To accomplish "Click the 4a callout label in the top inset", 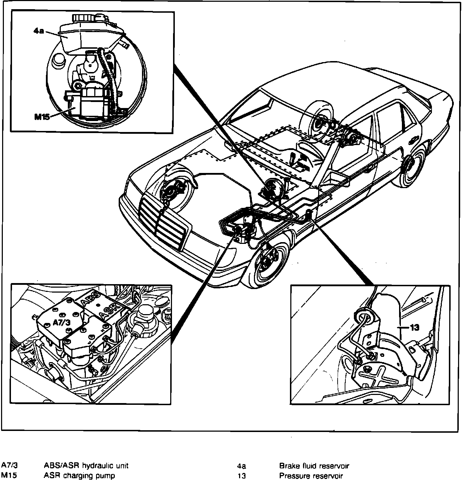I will (x=39, y=31).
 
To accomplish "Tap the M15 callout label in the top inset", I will (x=42, y=117).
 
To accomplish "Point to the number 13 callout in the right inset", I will (x=415, y=328).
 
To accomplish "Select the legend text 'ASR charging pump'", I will (x=79, y=475).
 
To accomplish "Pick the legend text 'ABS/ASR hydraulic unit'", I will (x=86, y=466).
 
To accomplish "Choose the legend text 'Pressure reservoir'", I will (x=311, y=476).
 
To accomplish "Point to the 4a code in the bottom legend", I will (x=242, y=466).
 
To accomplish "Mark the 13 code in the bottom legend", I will (x=242, y=476).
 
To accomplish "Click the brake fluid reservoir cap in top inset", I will (x=89, y=17).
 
